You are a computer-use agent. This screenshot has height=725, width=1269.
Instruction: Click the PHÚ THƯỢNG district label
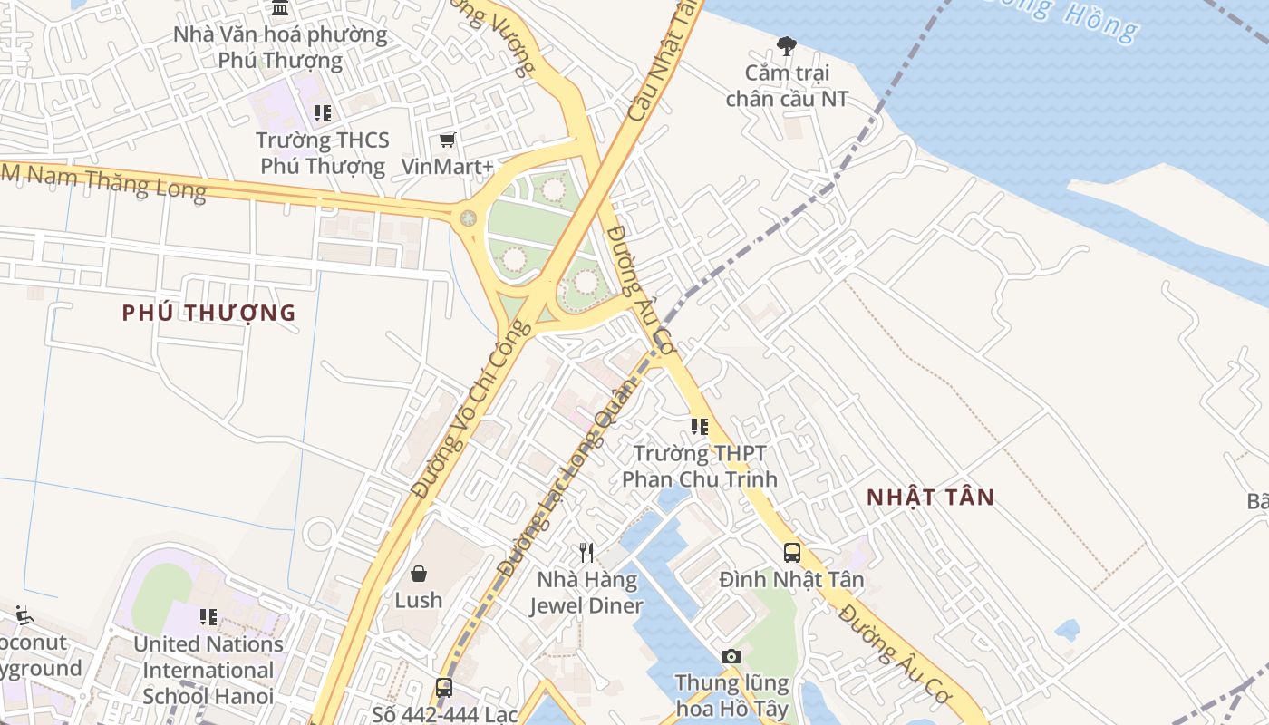click(x=209, y=313)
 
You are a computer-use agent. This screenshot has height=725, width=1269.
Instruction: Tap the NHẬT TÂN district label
click(x=930, y=497)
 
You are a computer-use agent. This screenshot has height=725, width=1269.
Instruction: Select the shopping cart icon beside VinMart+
click(x=447, y=140)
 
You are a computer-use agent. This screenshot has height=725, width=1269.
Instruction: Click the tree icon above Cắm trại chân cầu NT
click(x=787, y=45)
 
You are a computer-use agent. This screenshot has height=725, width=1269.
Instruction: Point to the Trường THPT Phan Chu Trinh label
click(x=700, y=466)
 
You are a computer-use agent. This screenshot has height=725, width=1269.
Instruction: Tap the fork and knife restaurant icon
click(x=586, y=551)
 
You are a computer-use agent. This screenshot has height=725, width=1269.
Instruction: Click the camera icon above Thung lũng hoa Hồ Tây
click(x=731, y=655)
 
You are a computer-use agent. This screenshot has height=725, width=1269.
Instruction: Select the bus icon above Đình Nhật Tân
click(x=791, y=551)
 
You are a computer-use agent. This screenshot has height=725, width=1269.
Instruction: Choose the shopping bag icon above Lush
click(x=419, y=573)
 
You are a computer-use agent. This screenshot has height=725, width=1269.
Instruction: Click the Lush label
click(x=419, y=600)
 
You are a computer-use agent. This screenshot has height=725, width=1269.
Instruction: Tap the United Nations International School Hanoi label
click(x=208, y=670)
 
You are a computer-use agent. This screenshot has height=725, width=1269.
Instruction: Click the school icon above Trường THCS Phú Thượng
click(x=322, y=113)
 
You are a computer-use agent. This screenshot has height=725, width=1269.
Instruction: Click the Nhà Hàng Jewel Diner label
click(x=586, y=593)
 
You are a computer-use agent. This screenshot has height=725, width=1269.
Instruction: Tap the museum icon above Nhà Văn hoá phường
click(x=280, y=8)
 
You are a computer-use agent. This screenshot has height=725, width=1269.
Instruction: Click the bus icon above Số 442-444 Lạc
click(x=443, y=687)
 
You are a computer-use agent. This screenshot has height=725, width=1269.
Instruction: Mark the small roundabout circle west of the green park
click(x=468, y=217)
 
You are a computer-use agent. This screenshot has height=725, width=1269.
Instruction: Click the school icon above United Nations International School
click(x=208, y=617)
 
